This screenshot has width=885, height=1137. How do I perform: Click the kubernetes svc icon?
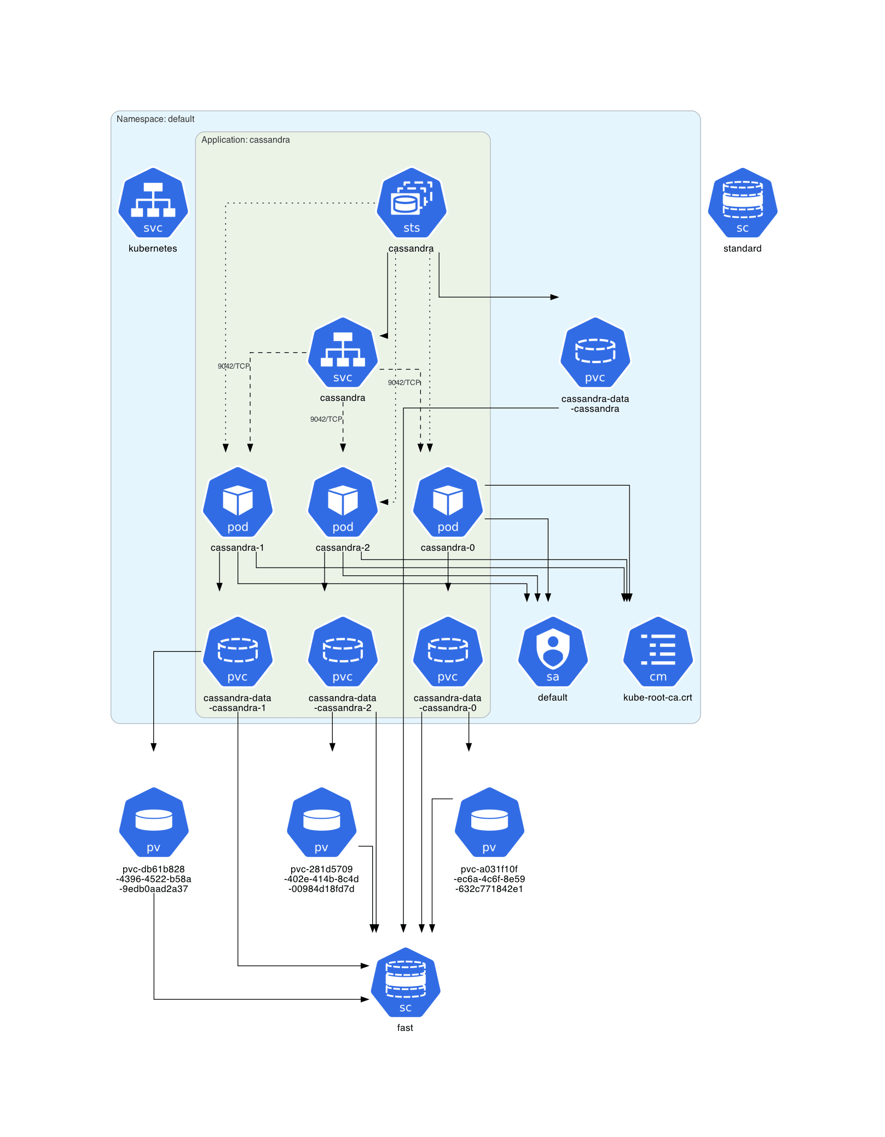click(153, 203)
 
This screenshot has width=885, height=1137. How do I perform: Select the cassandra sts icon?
click(412, 203)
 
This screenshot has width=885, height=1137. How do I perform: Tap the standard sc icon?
click(742, 203)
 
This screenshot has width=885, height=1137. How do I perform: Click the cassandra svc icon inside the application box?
click(343, 353)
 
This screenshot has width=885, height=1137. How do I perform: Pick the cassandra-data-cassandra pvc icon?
click(595, 353)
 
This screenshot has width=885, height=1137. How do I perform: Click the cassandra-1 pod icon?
click(238, 502)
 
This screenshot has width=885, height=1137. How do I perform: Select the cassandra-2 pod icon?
click(343, 502)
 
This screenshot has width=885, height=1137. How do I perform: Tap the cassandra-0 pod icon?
click(448, 502)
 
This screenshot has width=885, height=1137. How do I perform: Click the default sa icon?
click(553, 652)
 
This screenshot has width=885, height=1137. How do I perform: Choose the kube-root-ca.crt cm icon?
click(658, 652)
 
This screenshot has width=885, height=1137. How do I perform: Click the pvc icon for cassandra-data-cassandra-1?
click(238, 652)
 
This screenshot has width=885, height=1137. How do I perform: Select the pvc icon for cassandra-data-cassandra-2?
click(343, 652)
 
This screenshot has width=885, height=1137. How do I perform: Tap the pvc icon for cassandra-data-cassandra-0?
click(448, 652)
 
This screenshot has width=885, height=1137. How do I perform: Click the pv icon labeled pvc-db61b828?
click(154, 823)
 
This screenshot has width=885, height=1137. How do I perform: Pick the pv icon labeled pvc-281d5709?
click(322, 823)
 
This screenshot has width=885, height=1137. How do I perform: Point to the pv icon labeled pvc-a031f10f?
click(489, 823)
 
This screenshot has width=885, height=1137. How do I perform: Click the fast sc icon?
click(406, 983)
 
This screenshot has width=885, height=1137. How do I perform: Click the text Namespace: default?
click(155, 119)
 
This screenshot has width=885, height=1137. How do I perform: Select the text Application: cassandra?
click(245, 140)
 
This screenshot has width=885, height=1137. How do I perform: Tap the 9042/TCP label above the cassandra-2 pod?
click(326, 419)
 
